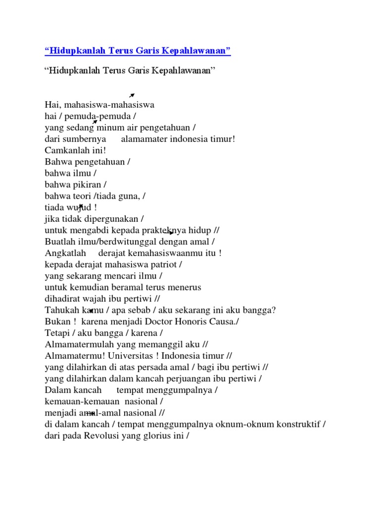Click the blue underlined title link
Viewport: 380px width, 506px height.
(x=138, y=51)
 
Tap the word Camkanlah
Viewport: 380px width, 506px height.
(x=65, y=150)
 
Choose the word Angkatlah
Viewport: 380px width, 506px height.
(x=66, y=253)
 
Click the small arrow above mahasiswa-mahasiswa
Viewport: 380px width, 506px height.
(x=132, y=95)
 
